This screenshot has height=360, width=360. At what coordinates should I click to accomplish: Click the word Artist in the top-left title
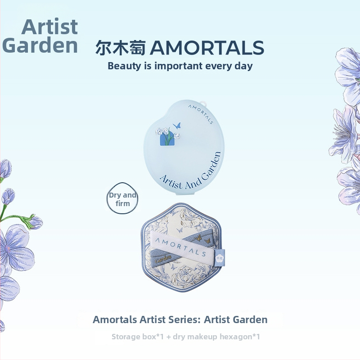(49, 27)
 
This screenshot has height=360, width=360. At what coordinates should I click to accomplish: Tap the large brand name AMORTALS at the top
(207, 48)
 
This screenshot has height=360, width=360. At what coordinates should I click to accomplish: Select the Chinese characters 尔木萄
(121, 48)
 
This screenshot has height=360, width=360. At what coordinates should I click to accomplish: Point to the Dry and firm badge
(122, 199)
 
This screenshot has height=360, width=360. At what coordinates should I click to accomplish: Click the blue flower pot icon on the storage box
(166, 139)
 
